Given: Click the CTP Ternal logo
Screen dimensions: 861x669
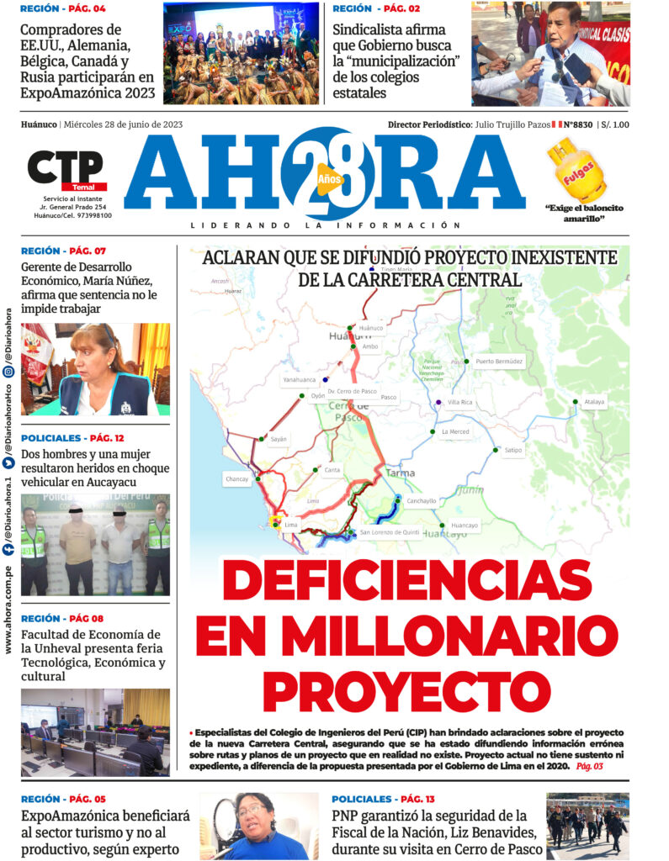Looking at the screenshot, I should pyautogui.click(x=66, y=172).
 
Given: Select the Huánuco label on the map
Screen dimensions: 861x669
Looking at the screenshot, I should pyautogui.click(x=370, y=328).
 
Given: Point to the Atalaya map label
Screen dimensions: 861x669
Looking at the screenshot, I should pyautogui.click(x=594, y=402).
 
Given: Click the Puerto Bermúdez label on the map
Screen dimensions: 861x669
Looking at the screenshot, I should pyautogui.click(x=498, y=362).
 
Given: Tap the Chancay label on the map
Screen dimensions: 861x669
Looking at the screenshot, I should pyautogui.click(x=237, y=478).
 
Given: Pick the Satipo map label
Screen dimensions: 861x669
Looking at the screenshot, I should pyautogui.click(x=512, y=450).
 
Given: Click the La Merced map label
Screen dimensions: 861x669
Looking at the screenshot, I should pyautogui.click(x=455, y=432).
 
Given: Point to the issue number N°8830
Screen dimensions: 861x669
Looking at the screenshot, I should pyautogui.click(x=579, y=124).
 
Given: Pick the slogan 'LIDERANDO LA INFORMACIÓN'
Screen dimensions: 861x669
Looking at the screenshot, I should pyautogui.click(x=326, y=225).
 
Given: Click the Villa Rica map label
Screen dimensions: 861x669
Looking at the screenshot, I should pyautogui.click(x=459, y=403).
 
